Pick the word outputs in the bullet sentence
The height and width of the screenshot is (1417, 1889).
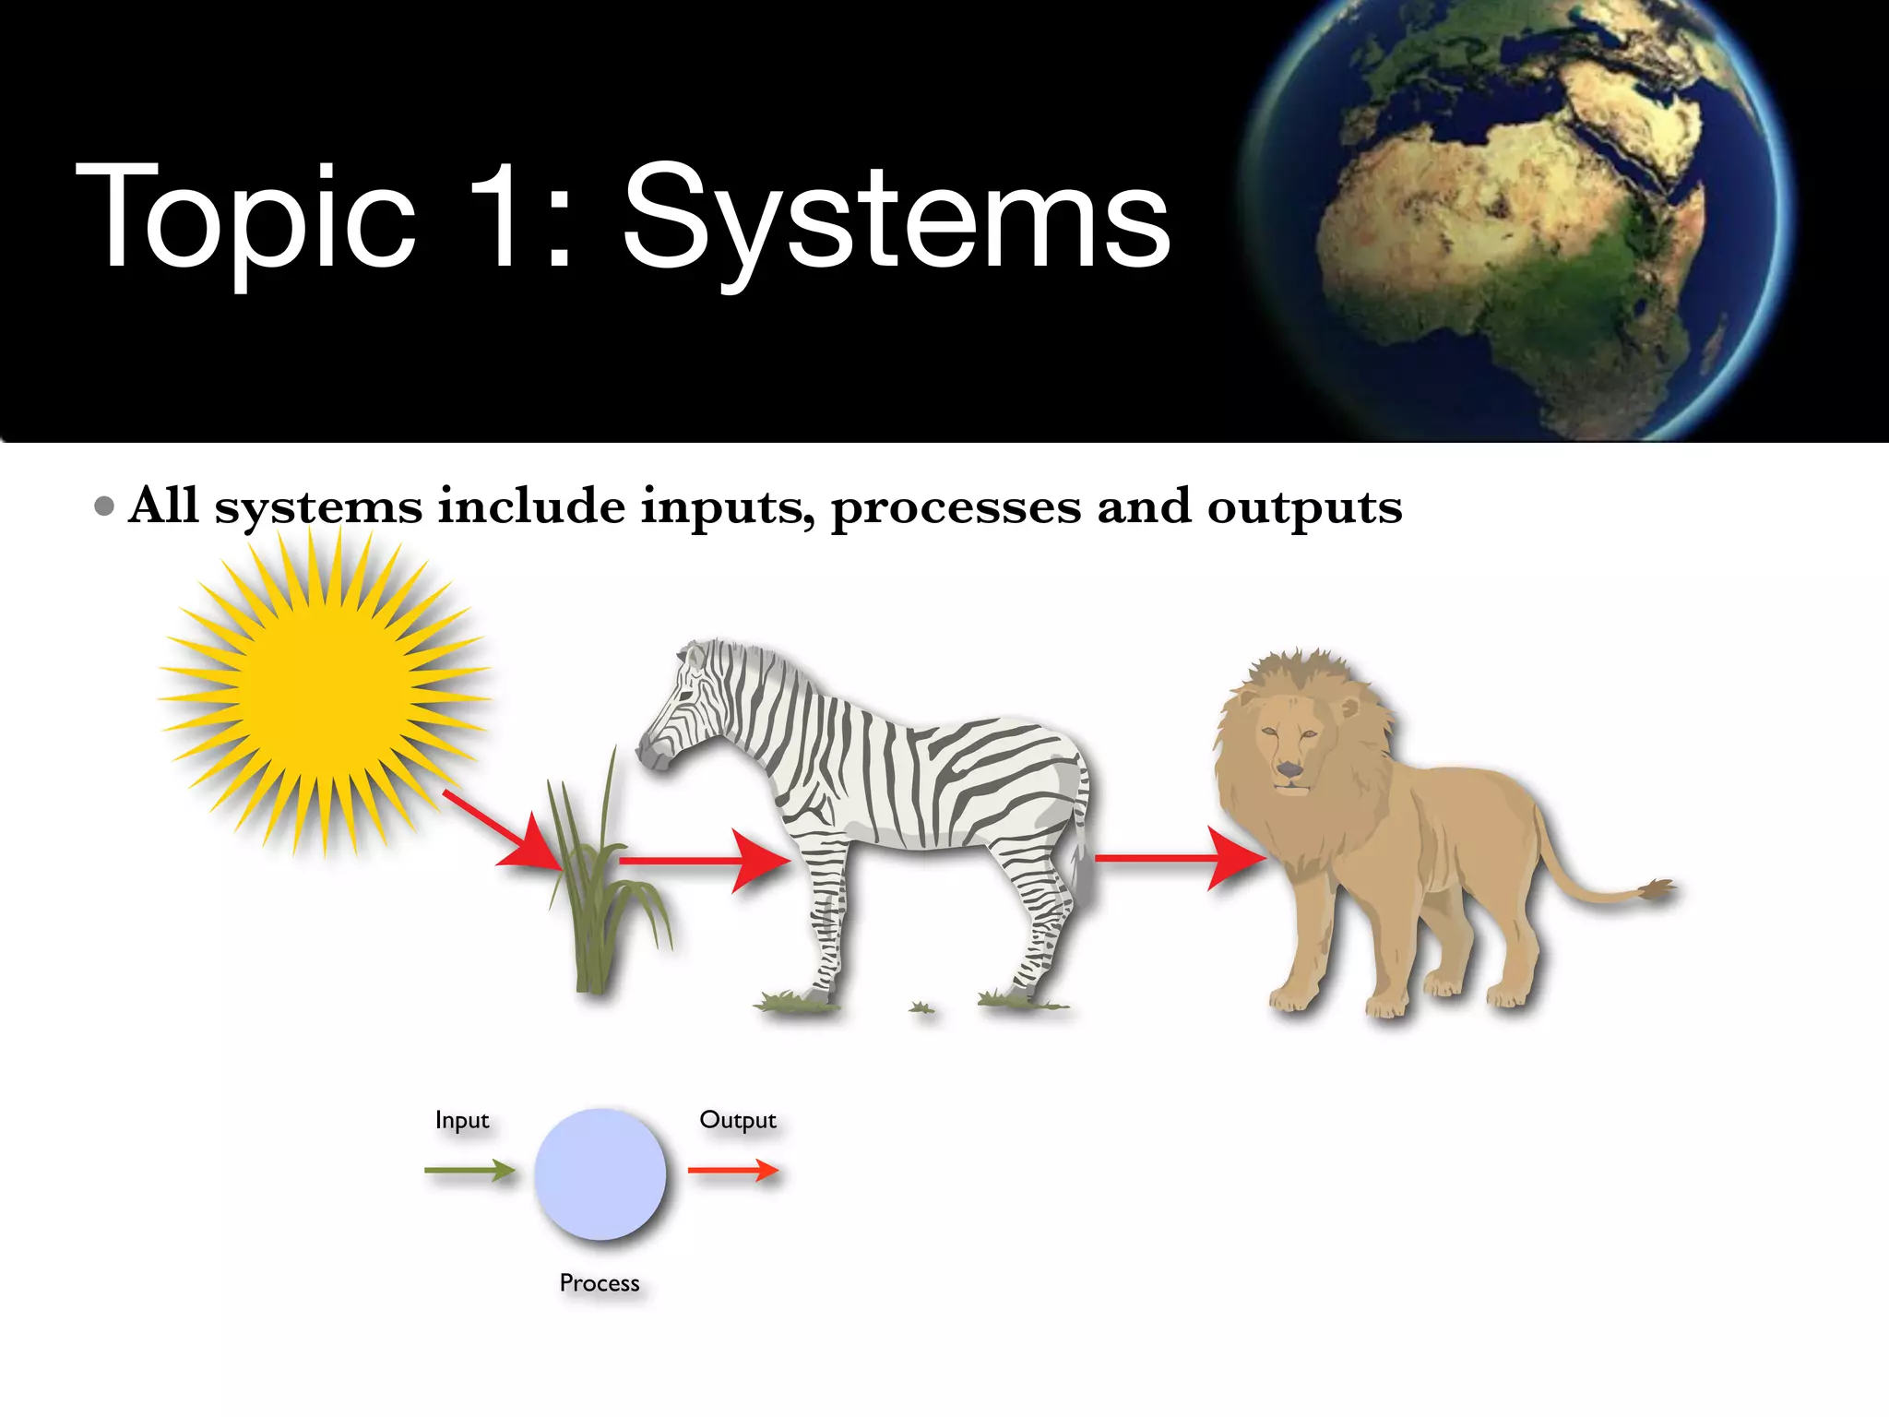point(1304,508)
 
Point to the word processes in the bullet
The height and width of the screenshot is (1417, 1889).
point(956,508)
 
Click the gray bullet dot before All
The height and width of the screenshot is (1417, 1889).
point(105,506)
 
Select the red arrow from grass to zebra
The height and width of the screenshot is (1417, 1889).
point(705,861)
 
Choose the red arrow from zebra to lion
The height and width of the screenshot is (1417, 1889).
point(1181,859)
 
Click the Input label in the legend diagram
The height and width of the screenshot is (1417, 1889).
point(462,1120)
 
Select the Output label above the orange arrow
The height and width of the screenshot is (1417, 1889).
point(738,1120)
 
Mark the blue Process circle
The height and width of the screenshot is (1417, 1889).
point(600,1173)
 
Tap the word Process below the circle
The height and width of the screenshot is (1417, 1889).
point(600,1283)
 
